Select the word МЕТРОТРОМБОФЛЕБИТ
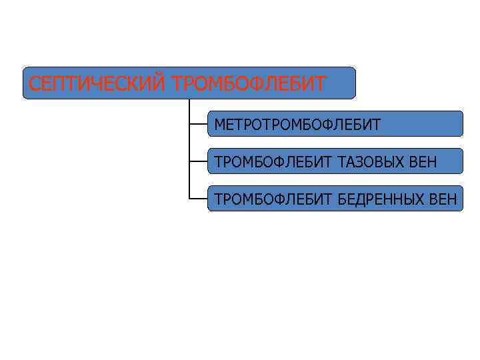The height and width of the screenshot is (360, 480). tap(297, 125)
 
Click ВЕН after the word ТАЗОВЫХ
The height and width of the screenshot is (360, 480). tap(424, 161)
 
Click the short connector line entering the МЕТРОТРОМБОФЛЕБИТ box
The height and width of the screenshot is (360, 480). tap(198, 124)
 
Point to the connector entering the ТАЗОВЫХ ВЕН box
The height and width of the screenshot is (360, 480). tap(198, 161)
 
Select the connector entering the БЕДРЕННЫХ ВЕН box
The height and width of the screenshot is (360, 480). tap(198, 199)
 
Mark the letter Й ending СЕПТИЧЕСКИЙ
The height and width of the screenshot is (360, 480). tap(160, 83)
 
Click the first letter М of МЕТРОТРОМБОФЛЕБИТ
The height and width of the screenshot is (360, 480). tap(219, 125)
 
